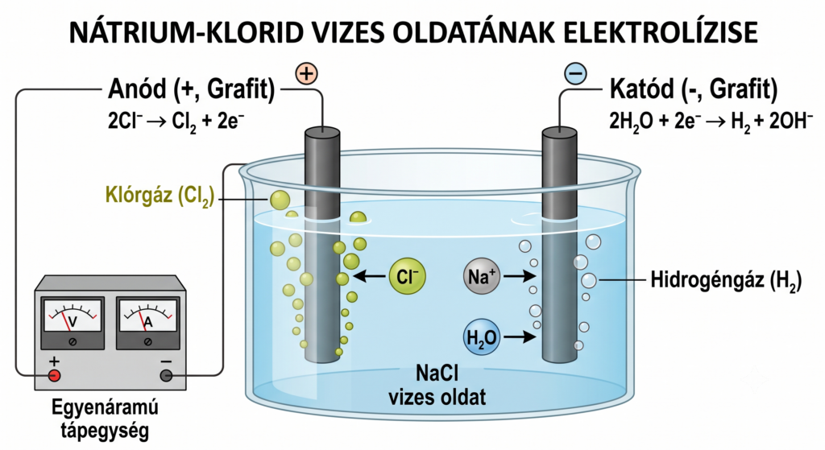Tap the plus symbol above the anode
click(306, 73)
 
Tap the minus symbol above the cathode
click(575, 73)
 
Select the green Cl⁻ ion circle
click(407, 276)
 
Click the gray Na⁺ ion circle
click(482, 276)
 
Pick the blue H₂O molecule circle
click(482, 336)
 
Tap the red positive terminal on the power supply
click(54, 375)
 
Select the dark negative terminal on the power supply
click(166, 375)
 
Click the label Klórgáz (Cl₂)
click(160, 196)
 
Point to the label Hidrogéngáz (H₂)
click(726, 280)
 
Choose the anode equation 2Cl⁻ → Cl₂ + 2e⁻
click(176, 122)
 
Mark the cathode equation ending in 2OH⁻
click(711, 122)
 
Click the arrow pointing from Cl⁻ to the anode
click(369, 276)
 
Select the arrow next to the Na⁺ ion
click(520, 276)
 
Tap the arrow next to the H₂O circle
click(520, 336)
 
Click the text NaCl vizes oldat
click(437, 385)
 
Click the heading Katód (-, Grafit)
click(694, 89)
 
